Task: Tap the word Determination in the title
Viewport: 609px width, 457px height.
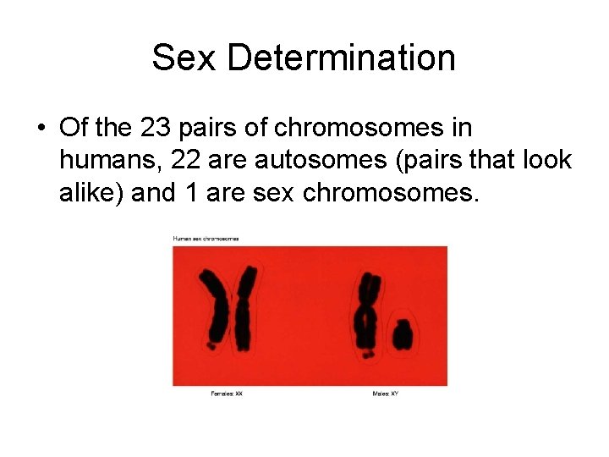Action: (341, 58)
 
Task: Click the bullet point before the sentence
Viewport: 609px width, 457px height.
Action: (41, 129)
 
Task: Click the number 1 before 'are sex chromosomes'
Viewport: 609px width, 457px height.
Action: (189, 193)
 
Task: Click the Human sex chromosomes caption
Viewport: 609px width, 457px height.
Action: (206, 239)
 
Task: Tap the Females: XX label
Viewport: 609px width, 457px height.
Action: (227, 394)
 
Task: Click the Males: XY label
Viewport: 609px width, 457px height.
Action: (385, 394)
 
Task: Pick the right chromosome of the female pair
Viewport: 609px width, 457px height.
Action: (244, 309)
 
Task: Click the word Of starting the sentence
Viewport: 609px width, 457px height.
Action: (72, 129)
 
